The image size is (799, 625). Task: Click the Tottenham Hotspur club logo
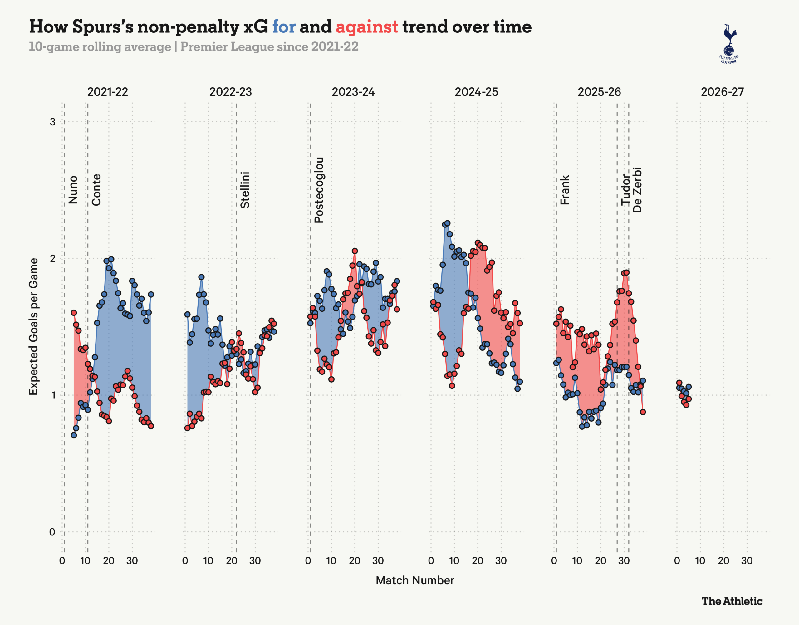(x=729, y=44)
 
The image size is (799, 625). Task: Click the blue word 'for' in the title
(x=284, y=27)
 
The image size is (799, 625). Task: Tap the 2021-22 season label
(x=108, y=92)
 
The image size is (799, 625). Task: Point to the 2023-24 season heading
(x=353, y=92)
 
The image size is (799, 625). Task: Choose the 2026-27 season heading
(x=722, y=92)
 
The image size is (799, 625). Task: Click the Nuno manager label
(x=73, y=189)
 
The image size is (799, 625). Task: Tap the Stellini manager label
(x=245, y=190)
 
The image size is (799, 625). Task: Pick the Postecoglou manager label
(x=319, y=190)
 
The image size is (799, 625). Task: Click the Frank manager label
(x=565, y=190)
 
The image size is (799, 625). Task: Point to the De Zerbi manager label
(x=637, y=190)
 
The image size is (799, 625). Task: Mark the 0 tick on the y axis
(x=52, y=532)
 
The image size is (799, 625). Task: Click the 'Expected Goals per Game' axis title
(x=34, y=326)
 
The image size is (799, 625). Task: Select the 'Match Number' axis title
(x=415, y=580)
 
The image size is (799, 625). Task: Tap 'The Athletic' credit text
(x=732, y=601)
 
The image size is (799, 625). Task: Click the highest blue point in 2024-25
(x=447, y=223)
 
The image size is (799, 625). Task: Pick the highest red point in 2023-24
(x=355, y=251)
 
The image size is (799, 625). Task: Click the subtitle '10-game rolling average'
(x=100, y=47)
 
